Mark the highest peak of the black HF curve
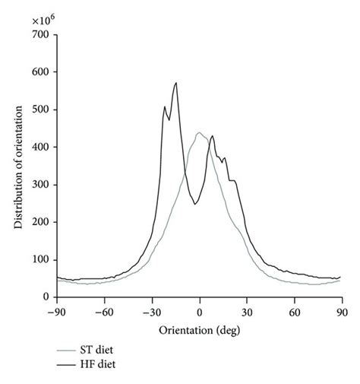point(176,83)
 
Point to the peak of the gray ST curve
point(199,133)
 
